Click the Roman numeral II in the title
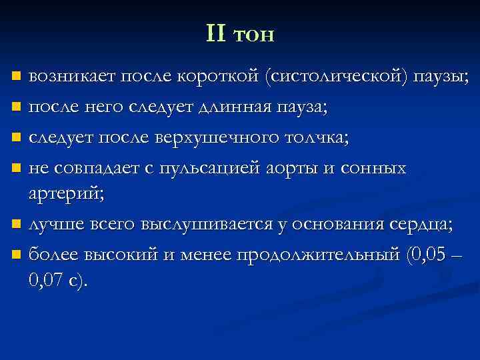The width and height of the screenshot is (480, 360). (217, 33)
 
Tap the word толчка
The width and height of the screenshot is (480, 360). (318, 138)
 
